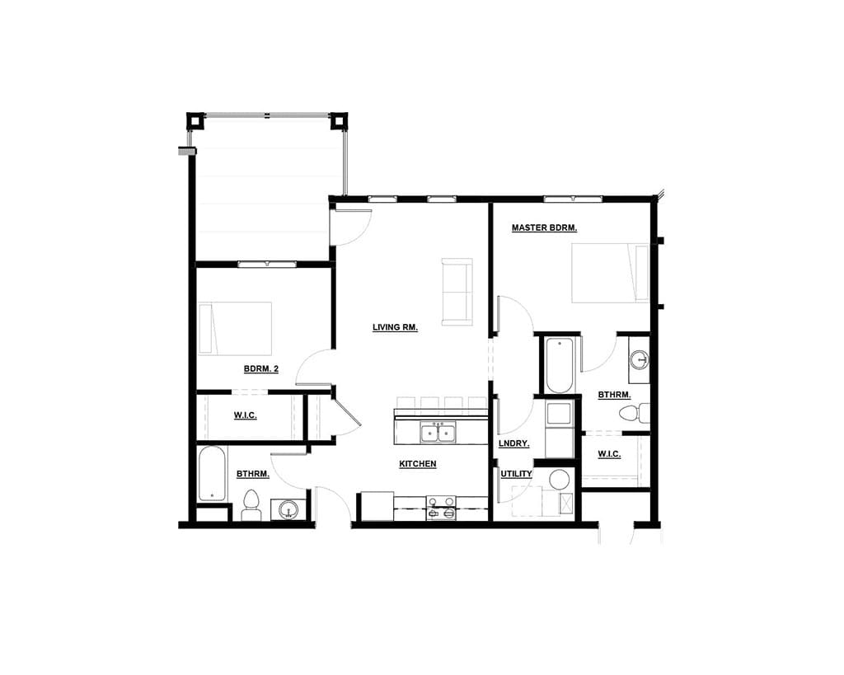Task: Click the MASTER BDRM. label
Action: [x=543, y=227]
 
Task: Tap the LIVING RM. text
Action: [x=395, y=327]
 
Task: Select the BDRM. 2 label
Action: [x=260, y=368]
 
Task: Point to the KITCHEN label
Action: [x=417, y=464]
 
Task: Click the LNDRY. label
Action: [x=513, y=443]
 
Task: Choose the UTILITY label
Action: [x=516, y=474]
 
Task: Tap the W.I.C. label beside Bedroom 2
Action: [x=245, y=415]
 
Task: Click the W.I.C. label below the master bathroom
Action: [x=608, y=454]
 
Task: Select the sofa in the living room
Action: [x=457, y=291]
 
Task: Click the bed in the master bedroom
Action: [x=610, y=273]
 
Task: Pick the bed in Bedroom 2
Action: [x=236, y=328]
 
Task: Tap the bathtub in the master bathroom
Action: [x=559, y=366]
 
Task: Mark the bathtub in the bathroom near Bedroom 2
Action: [x=211, y=473]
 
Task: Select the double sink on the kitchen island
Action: [x=437, y=432]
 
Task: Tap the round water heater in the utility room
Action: [x=560, y=480]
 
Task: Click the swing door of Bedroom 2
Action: [x=314, y=368]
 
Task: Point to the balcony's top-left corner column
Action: [x=195, y=121]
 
